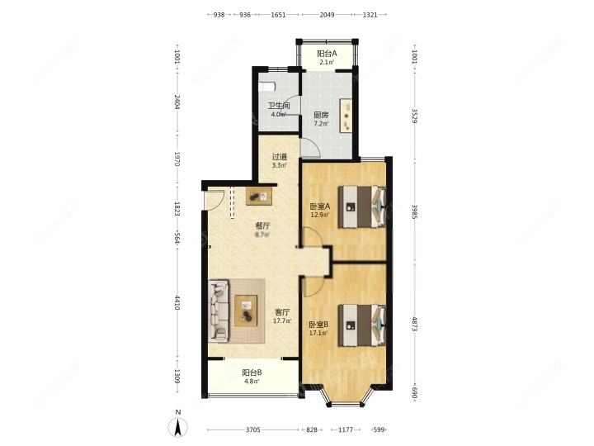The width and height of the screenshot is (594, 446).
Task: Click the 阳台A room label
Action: tap(327, 54)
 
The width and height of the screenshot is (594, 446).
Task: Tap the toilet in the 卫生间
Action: tap(266, 87)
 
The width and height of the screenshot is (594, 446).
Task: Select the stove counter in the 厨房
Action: tap(346, 116)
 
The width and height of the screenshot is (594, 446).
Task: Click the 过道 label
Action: tap(280, 157)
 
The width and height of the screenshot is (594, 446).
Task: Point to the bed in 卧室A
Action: tap(362, 206)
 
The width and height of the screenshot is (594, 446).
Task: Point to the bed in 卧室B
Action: tap(362, 325)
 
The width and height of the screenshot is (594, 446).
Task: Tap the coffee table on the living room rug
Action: tap(246, 311)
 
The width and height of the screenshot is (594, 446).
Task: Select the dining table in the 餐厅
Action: tap(259, 196)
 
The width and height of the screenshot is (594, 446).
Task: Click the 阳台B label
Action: tap(252, 372)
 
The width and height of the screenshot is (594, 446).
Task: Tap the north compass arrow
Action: tap(177, 427)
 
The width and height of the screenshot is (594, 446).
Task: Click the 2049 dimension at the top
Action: tap(327, 15)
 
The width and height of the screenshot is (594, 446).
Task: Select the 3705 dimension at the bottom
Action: tap(253, 429)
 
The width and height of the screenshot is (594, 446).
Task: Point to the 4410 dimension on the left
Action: tap(177, 302)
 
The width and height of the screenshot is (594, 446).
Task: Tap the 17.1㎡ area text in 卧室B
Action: tap(318, 334)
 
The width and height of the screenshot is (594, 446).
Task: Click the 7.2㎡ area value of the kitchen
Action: tap(321, 123)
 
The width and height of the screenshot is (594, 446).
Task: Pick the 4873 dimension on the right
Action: tap(414, 325)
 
